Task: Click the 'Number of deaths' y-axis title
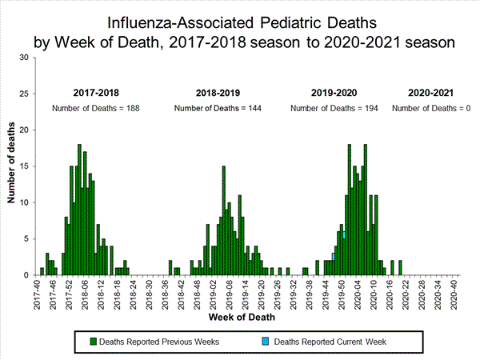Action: tap(12, 166)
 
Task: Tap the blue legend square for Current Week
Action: tap(267, 341)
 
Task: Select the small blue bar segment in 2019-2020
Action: tap(333, 256)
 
